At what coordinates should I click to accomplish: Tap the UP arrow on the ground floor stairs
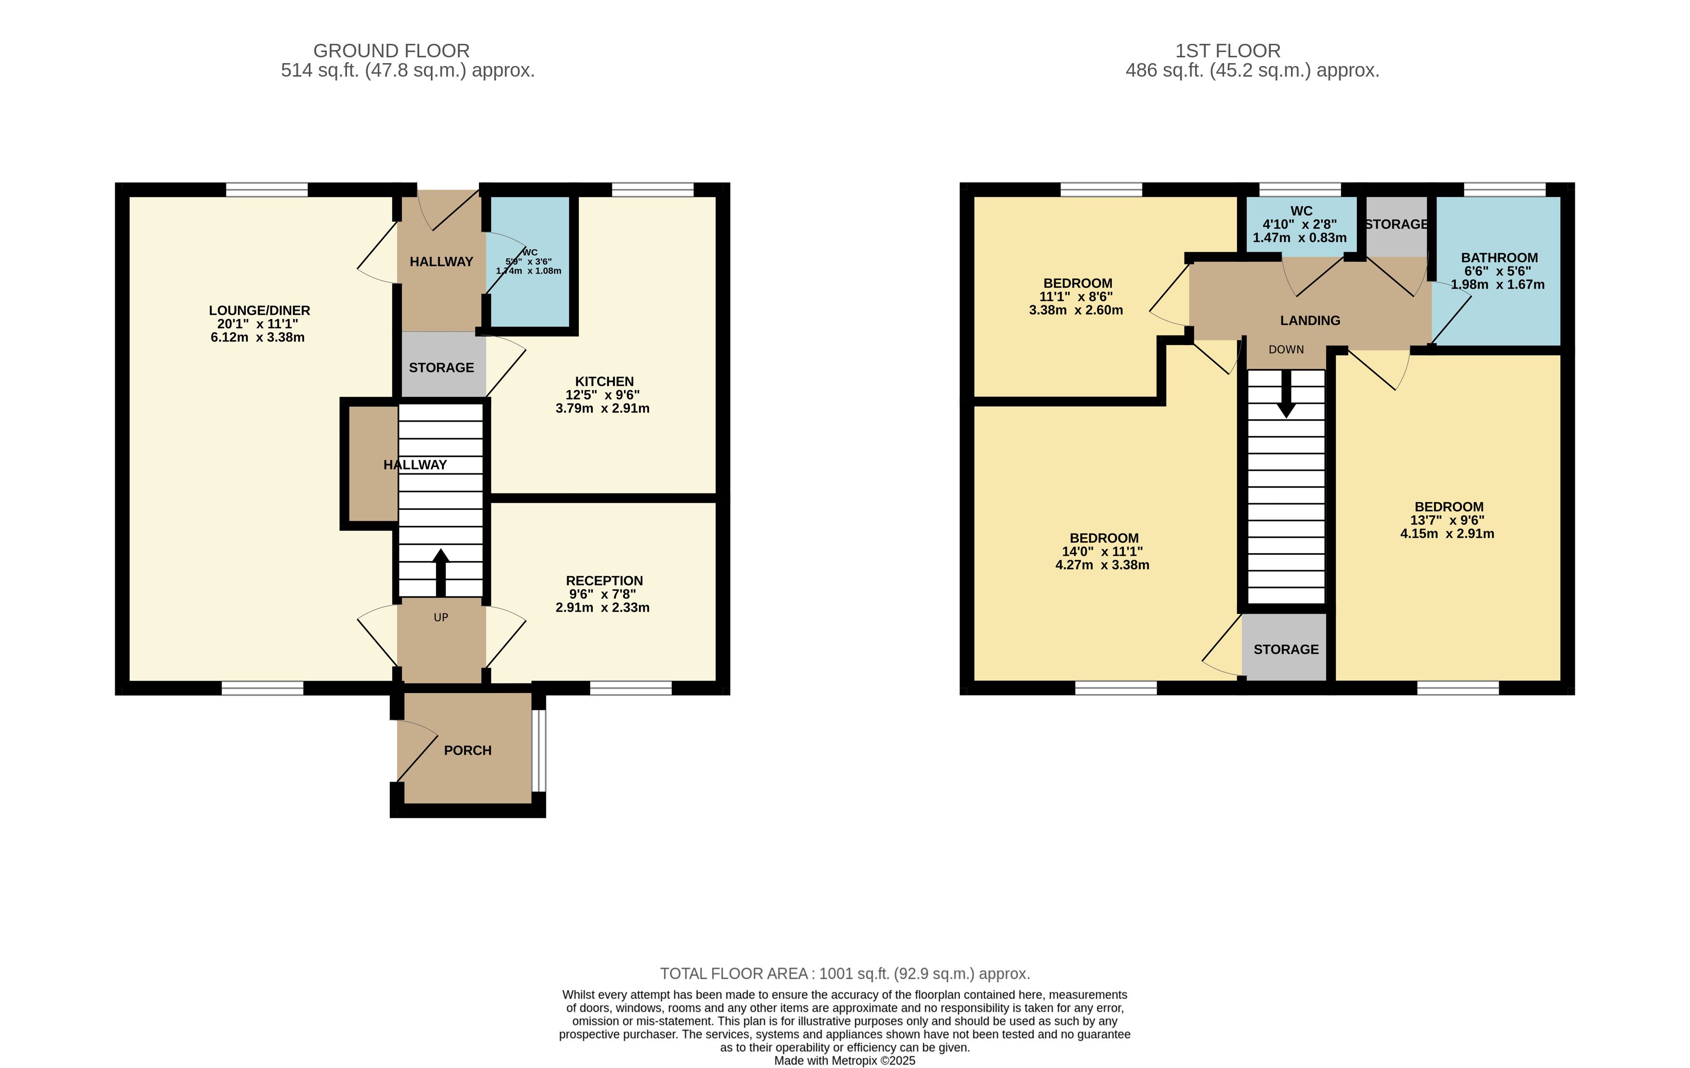coord(441,573)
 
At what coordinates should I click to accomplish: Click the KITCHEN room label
coord(604,382)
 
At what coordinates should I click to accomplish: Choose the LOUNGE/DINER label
coord(259,310)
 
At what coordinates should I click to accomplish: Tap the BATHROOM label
coord(1499,257)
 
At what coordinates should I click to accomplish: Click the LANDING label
coord(1310,320)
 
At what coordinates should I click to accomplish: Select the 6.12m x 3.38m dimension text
coord(257,337)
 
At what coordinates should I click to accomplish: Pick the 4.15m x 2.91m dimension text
coord(1447,534)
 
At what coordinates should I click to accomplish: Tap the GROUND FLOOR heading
coord(392,51)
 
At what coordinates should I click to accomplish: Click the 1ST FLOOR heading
coord(1228,51)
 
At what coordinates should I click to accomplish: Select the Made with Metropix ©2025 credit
coord(845,1061)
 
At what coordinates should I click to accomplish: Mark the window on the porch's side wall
coord(538,751)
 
